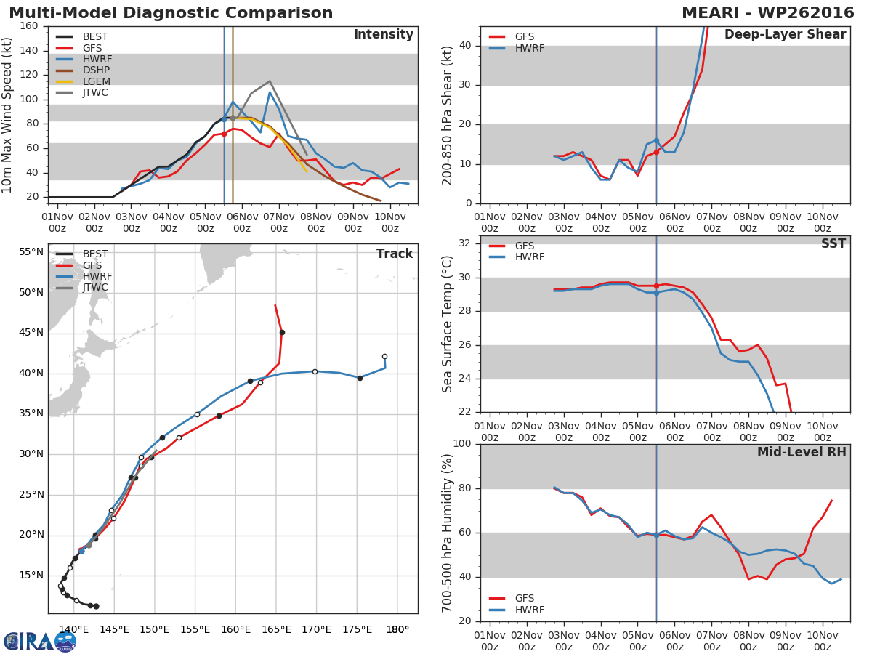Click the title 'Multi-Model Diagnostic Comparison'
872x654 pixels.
[x=171, y=13]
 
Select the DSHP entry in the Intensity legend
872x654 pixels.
[x=95, y=70]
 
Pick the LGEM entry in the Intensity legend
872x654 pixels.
[x=95, y=81]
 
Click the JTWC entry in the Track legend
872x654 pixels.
[x=95, y=288]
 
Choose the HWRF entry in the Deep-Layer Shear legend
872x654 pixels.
[x=529, y=49]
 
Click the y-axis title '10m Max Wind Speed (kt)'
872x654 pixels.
[x=9, y=115]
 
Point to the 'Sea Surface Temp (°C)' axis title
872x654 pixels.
[x=448, y=325]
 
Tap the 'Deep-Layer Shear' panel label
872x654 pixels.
[x=785, y=35]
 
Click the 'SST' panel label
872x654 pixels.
[x=833, y=244]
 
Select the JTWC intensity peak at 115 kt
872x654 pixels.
[x=270, y=81]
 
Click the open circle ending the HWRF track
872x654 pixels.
[x=384, y=357]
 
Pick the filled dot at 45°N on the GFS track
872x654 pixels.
[x=282, y=332]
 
